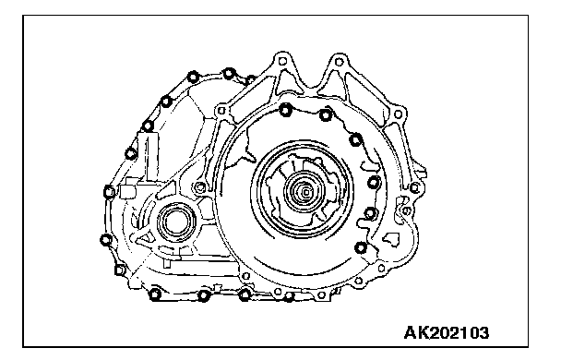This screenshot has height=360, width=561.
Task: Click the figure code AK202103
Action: click(447, 333)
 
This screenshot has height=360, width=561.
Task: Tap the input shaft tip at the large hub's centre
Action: click(306, 193)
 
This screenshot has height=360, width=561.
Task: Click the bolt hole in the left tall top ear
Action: click(282, 61)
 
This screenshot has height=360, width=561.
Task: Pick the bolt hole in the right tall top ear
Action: click(339, 62)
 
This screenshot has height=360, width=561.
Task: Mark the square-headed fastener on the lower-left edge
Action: click(120, 270)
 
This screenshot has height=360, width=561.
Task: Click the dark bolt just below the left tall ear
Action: click(285, 110)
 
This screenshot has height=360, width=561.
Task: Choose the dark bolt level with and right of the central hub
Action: click(374, 183)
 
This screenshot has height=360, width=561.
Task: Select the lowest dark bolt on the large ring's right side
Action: click(361, 247)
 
